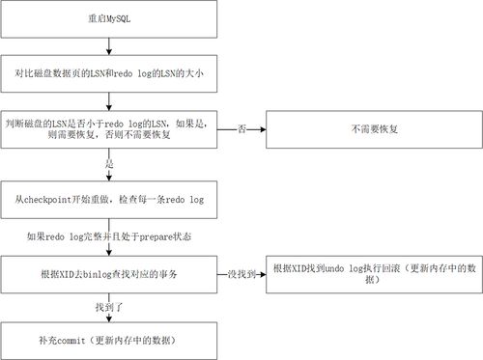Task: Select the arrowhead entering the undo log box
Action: point(265,274)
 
